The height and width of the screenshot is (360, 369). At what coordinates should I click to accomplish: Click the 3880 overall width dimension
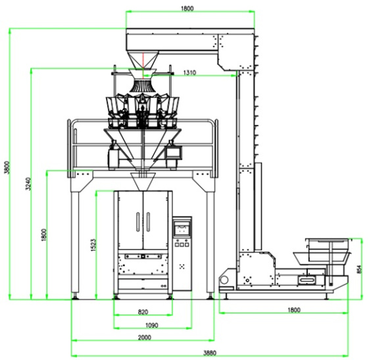pos(210,353)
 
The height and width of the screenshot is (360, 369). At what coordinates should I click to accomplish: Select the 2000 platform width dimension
pos(145,338)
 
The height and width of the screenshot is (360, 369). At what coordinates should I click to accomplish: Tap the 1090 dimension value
pos(152,325)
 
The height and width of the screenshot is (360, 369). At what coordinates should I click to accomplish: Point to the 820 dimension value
pos(143,312)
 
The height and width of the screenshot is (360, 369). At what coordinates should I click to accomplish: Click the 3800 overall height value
pos(7,167)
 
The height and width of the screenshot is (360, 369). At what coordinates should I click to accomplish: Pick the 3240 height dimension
pos(28,184)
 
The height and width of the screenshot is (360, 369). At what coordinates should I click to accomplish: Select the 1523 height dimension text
pos(93,245)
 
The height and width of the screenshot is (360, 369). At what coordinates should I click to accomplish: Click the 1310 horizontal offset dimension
pos(189,72)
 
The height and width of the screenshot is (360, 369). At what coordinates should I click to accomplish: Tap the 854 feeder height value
pos(359,269)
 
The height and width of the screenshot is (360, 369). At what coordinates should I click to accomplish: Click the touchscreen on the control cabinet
pos(182,228)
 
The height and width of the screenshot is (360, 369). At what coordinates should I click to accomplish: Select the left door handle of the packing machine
pos(138,222)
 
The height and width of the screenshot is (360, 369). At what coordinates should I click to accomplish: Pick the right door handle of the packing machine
pos(148,222)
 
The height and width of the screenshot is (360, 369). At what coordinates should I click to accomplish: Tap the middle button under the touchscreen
pos(182,245)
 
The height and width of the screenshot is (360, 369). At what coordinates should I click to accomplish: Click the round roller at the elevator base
pos(224,280)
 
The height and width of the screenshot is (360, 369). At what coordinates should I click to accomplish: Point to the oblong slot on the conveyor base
pos(307,280)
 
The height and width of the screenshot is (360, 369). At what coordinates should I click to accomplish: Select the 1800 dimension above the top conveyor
pos(187,9)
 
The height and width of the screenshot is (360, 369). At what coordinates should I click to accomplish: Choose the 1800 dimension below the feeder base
pos(294,310)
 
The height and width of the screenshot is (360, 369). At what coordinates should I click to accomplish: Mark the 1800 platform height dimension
pos(44,235)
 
